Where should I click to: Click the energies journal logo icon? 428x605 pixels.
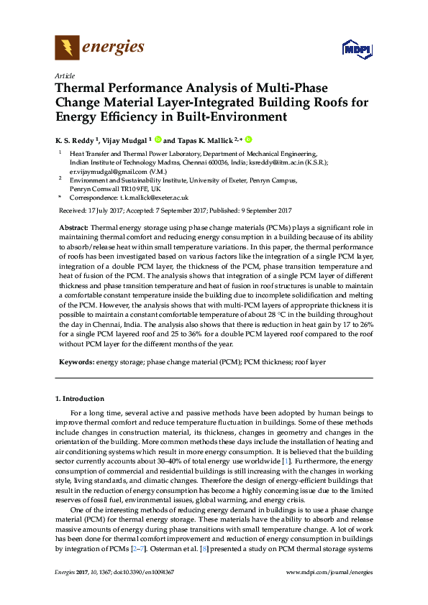(67, 48)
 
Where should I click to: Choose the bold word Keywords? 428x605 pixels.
(76, 363)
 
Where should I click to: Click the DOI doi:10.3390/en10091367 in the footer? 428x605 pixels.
(135, 572)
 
